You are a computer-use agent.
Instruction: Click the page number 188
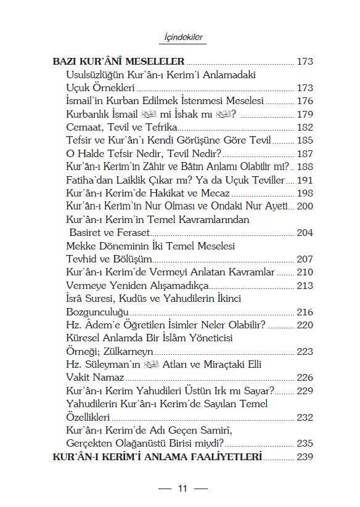pyautogui.click(x=305, y=167)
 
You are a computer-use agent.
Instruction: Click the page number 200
pyautogui.click(x=305, y=206)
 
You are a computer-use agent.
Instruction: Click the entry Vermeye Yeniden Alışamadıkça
pyautogui.click(x=128, y=286)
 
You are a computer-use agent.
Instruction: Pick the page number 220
pyautogui.click(x=305, y=325)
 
